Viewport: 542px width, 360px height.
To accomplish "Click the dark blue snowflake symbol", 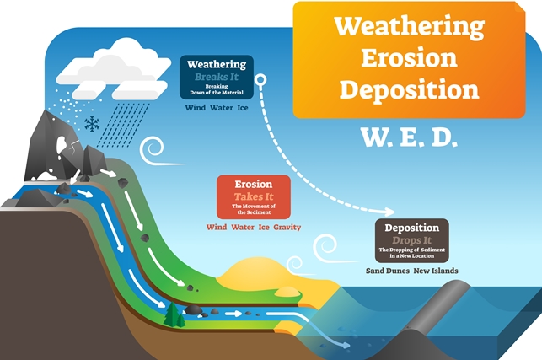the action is (x=92, y=124).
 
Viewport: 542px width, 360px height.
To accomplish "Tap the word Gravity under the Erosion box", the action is (x=287, y=228).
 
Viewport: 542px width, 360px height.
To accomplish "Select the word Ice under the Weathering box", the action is (x=243, y=108).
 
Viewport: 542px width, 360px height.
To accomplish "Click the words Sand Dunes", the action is (x=388, y=271).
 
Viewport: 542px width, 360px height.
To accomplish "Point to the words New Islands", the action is (x=436, y=271).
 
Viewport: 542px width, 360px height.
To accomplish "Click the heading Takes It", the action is (x=254, y=196).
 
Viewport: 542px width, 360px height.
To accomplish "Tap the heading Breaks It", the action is (x=217, y=77).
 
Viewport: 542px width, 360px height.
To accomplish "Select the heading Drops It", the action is (x=412, y=240).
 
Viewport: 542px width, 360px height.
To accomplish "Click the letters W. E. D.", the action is (x=410, y=137).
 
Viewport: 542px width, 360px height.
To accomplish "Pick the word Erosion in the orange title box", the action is (x=410, y=58).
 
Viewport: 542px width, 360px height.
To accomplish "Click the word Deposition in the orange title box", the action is (x=410, y=89).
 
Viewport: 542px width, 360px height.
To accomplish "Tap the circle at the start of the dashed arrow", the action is (x=260, y=80).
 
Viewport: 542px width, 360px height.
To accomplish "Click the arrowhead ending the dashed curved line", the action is (x=389, y=212).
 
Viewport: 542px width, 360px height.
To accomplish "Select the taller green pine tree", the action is (x=172, y=314).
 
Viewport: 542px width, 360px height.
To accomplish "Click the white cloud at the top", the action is (x=114, y=69).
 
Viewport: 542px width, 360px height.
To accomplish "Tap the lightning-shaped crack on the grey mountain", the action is (x=73, y=148).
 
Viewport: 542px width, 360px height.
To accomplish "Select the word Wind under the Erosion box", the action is (x=217, y=228).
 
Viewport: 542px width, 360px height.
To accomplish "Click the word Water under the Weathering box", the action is (x=222, y=108).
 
